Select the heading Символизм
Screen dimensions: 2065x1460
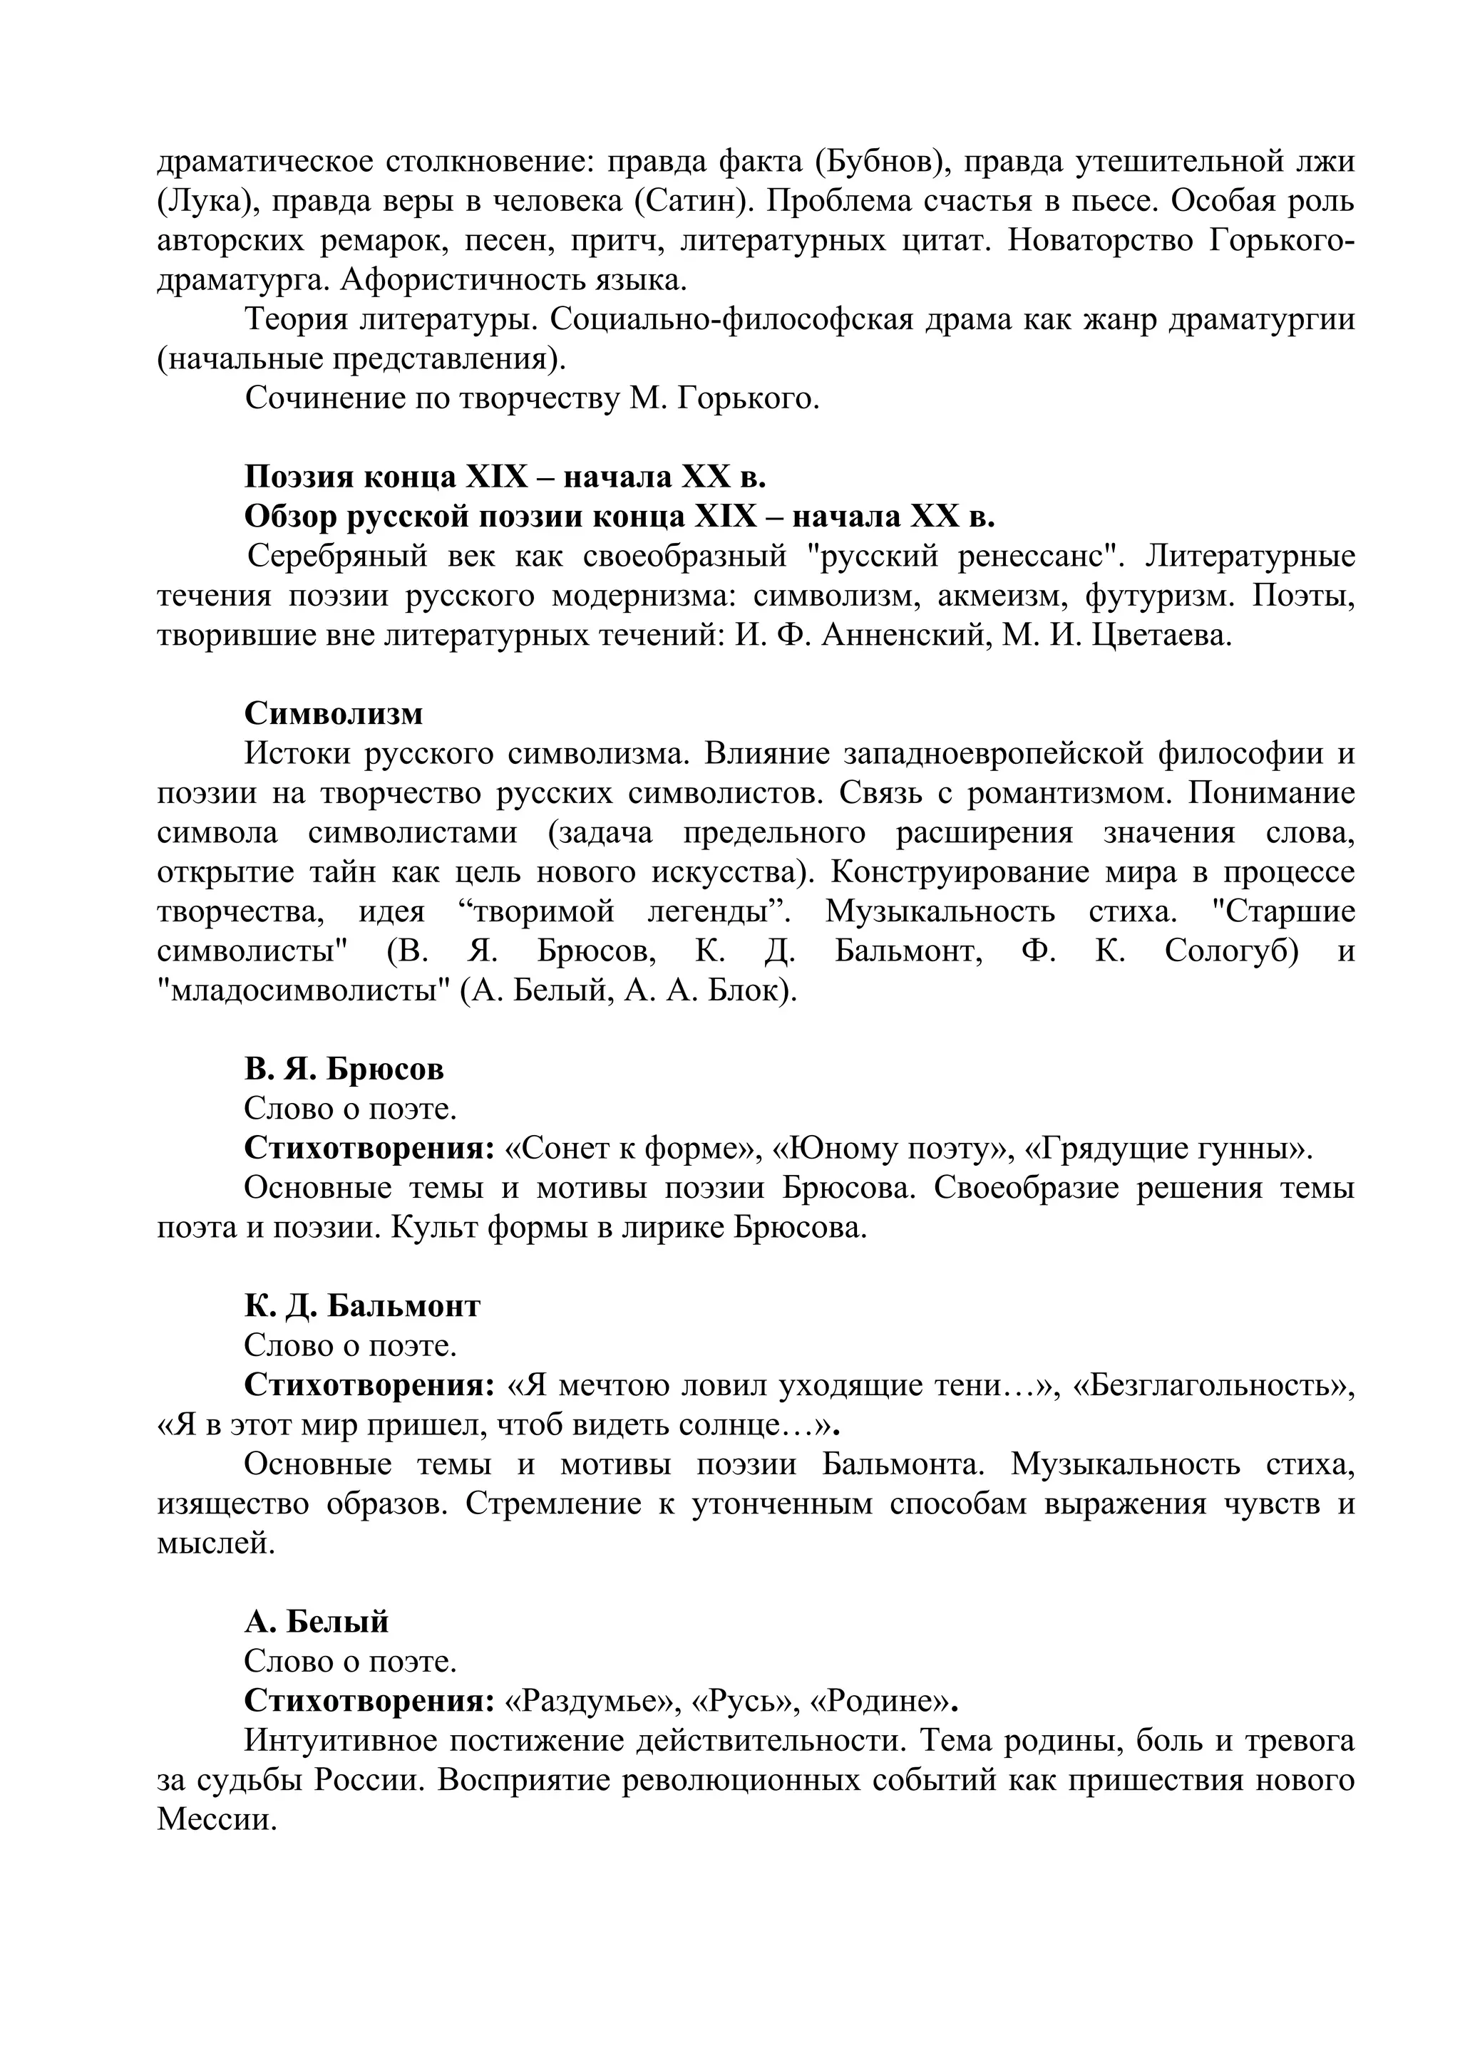tap(333, 714)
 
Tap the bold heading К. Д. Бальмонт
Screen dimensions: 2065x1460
tap(361, 1306)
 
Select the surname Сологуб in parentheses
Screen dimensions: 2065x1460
tap(1230, 951)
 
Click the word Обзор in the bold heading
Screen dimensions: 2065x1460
tap(289, 517)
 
